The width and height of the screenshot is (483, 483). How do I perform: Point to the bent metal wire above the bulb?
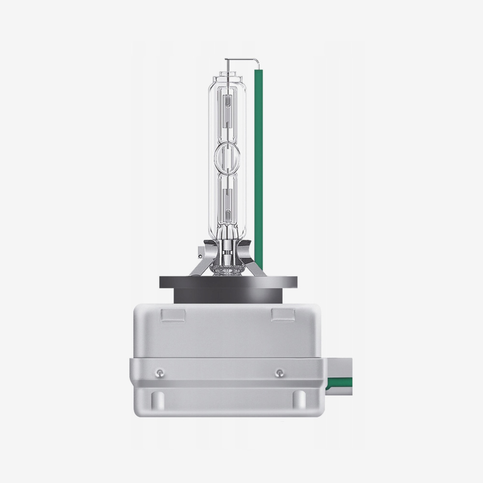241,60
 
